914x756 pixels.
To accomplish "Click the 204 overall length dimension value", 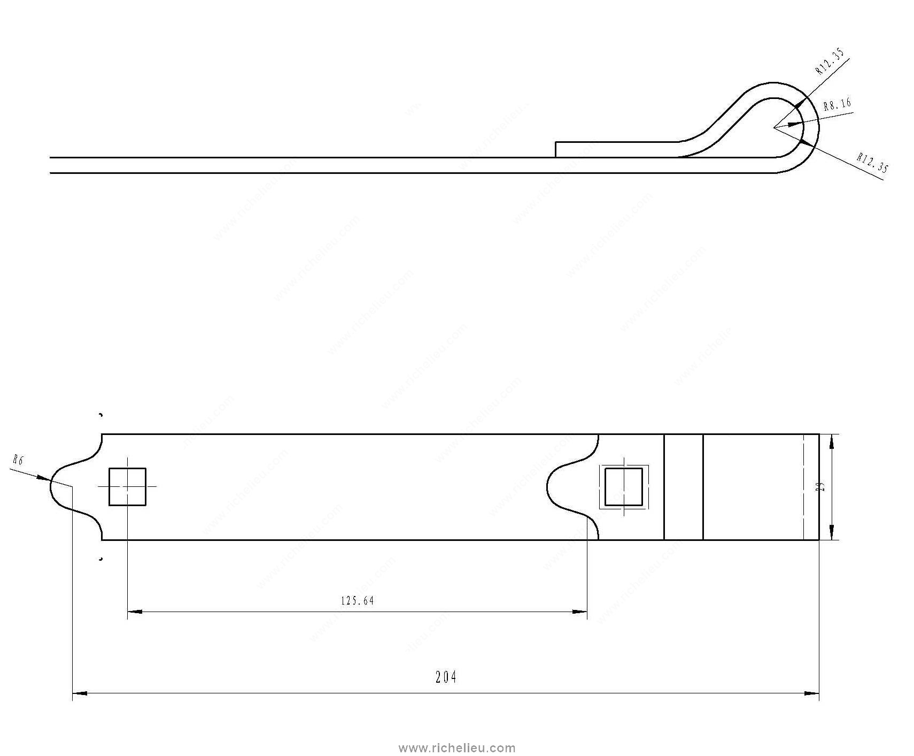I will click(x=446, y=677).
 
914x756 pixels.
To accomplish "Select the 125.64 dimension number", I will click(x=358, y=601).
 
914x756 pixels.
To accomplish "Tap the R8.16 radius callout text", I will click(x=837, y=105).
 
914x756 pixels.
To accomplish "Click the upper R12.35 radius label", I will click(x=830, y=61).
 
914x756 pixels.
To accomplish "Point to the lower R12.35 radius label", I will click(x=872, y=163).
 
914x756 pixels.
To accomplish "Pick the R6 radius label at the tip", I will click(x=18, y=461).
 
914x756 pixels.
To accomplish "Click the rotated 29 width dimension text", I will click(x=822, y=487).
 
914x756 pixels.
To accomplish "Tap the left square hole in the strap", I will click(x=127, y=486).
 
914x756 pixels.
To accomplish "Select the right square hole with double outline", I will click(x=624, y=487).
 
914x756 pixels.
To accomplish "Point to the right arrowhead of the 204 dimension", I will click(x=812, y=693).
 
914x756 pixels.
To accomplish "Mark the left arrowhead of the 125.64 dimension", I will click(x=134, y=612).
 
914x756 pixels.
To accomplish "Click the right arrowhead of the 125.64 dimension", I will click(x=580, y=612).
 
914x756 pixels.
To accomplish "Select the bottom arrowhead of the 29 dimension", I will click(x=831, y=532).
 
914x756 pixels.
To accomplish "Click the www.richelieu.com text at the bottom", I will click(x=458, y=747).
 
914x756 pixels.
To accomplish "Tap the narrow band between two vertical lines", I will click(x=683, y=487).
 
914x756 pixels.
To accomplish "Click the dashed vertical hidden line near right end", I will click(x=803, y=487).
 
